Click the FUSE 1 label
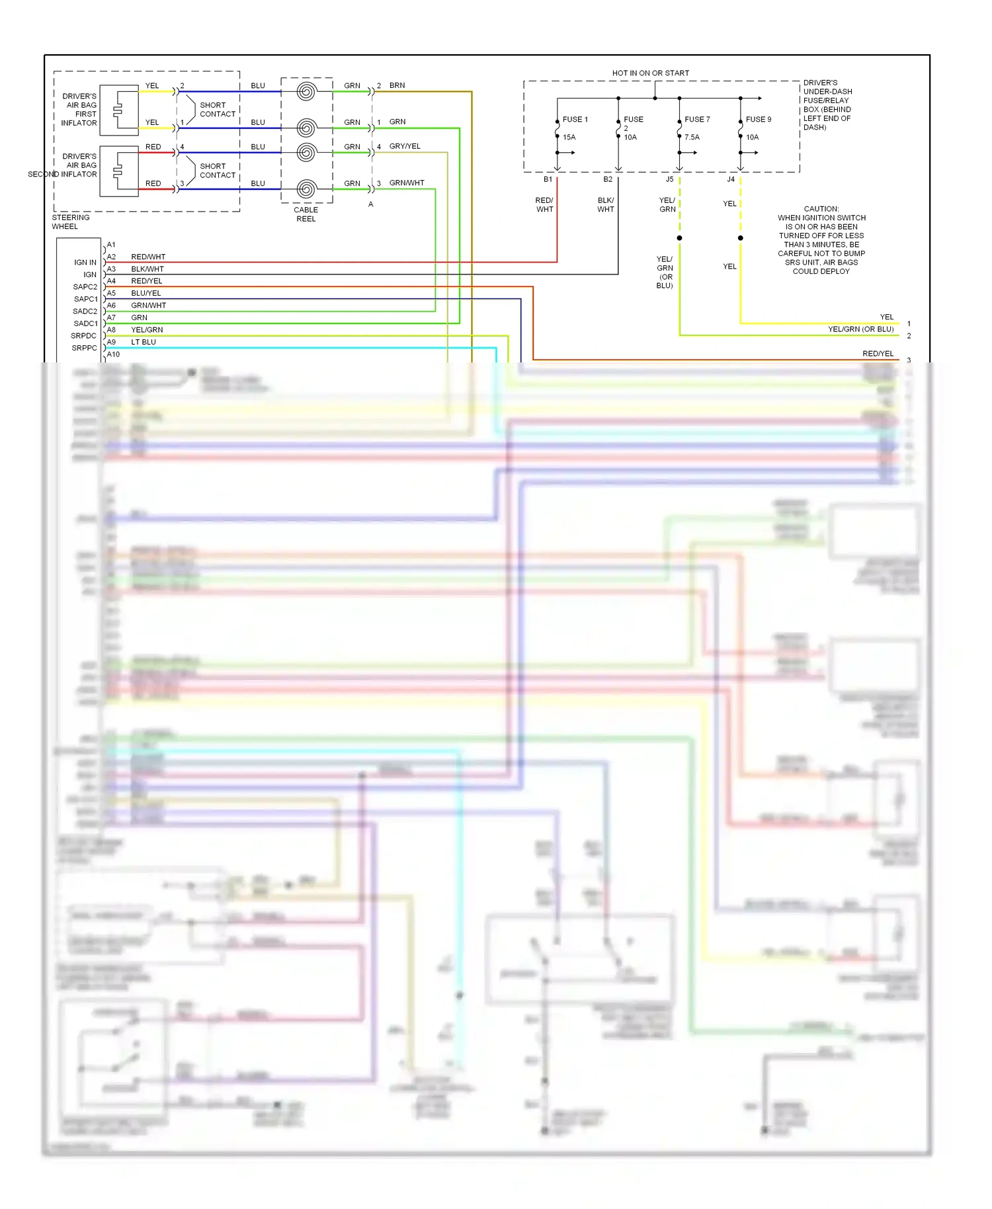pyautogui.click(x=575, y=120)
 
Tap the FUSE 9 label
pyautogui.click(x=758, y=120)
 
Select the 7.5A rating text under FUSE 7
pyautogui.click(x=692, y=138)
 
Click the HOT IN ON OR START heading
pyautogui.click(x=650, y=73)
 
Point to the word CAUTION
pyautogui.click(x=821, y=209)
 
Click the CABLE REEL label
pyautogui.click(x=306, y=214)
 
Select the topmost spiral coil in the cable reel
pyautogui.click(x=306, y=91)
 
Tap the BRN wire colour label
pyautogui.click(x=397, y=85)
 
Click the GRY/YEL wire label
pyautogui.click(x=405, y=146)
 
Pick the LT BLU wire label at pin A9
pyautogui.click(x=144, y=342)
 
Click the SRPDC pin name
pyautogui.click(x=84, y=336)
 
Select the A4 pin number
pyautogui.click(x=111, y=281)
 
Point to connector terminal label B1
pyautogui.click(x=548, y=179)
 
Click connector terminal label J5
pyautogui.click(x=669, y=179)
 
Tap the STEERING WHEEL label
pyautogui.click(x=70, y=222)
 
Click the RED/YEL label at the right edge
pyautogui.click(x=878, y=354)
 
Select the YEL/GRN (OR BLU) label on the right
pyautogui.click(x=860, y=329)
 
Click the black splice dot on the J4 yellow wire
pyautogui.click(x=740, y=238)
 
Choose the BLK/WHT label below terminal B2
pyautogui.click(x=605, y=205)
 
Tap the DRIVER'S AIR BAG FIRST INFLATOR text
pyautogui.click(x=79, y=110)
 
